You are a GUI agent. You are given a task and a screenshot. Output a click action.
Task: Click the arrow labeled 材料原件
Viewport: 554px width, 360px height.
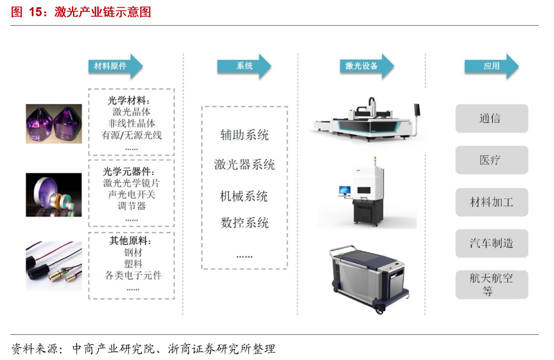click(115, 66)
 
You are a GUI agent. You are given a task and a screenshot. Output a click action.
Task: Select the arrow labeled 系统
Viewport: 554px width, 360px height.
click(244, 66)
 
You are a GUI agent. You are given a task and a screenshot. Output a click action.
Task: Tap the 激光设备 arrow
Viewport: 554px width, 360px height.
click(367, 66)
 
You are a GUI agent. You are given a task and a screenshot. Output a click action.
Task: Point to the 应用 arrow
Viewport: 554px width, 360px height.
click(491, 66)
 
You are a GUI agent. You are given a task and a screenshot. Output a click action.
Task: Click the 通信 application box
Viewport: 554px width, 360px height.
click(491, 118)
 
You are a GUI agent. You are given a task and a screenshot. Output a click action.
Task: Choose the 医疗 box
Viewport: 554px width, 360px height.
click(491, 160)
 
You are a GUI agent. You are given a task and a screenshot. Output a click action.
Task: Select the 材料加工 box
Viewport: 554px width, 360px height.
click(491, 202)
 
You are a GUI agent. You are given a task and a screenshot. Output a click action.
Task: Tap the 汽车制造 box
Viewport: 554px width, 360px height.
click(491, 244)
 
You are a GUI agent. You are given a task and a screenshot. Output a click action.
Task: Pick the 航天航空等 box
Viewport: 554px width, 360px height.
click(491, 285)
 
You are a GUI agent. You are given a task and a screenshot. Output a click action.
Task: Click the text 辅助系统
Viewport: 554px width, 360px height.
click(245, 135)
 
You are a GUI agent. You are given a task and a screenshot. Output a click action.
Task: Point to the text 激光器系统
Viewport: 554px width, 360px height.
click(245, 165)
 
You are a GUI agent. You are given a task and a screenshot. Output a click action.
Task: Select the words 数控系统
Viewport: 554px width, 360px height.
click(245, 223)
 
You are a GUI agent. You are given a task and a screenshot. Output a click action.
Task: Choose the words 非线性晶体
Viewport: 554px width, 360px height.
click(131, 123)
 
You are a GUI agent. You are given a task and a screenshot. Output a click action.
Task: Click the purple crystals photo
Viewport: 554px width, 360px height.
click(54, 124)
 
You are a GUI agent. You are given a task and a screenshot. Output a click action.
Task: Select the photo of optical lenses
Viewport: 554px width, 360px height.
click(54, 195)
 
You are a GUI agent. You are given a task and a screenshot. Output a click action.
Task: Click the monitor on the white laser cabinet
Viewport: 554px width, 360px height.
click(345, 190)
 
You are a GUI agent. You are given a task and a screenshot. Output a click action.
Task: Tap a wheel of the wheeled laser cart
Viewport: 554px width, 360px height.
click(379, 310)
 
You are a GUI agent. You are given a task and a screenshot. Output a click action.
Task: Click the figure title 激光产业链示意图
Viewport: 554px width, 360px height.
click(103, 12)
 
